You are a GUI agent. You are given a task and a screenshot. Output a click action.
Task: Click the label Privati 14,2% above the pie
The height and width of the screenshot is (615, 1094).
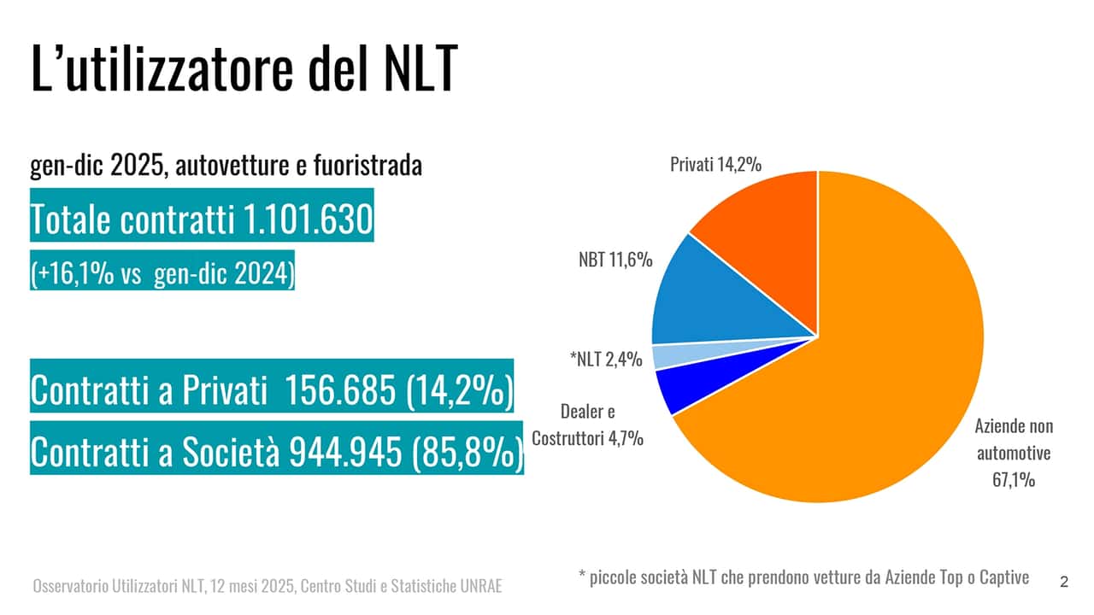pos(715,164)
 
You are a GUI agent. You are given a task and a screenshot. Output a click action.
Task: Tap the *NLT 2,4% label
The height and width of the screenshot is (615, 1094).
pos(605,360)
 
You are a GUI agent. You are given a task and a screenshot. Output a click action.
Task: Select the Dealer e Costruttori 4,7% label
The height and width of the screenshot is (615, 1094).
pos(587,425)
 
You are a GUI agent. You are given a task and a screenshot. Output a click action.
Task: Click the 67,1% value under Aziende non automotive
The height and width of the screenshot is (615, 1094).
pos(1015,480)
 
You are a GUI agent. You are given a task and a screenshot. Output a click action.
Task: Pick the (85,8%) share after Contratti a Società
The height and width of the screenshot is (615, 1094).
pos(467,454)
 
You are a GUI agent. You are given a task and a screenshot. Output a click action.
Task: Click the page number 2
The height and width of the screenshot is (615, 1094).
pos(1063,583)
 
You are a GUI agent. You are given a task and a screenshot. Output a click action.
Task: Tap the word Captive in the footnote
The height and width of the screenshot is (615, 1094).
pos(1004,577)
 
